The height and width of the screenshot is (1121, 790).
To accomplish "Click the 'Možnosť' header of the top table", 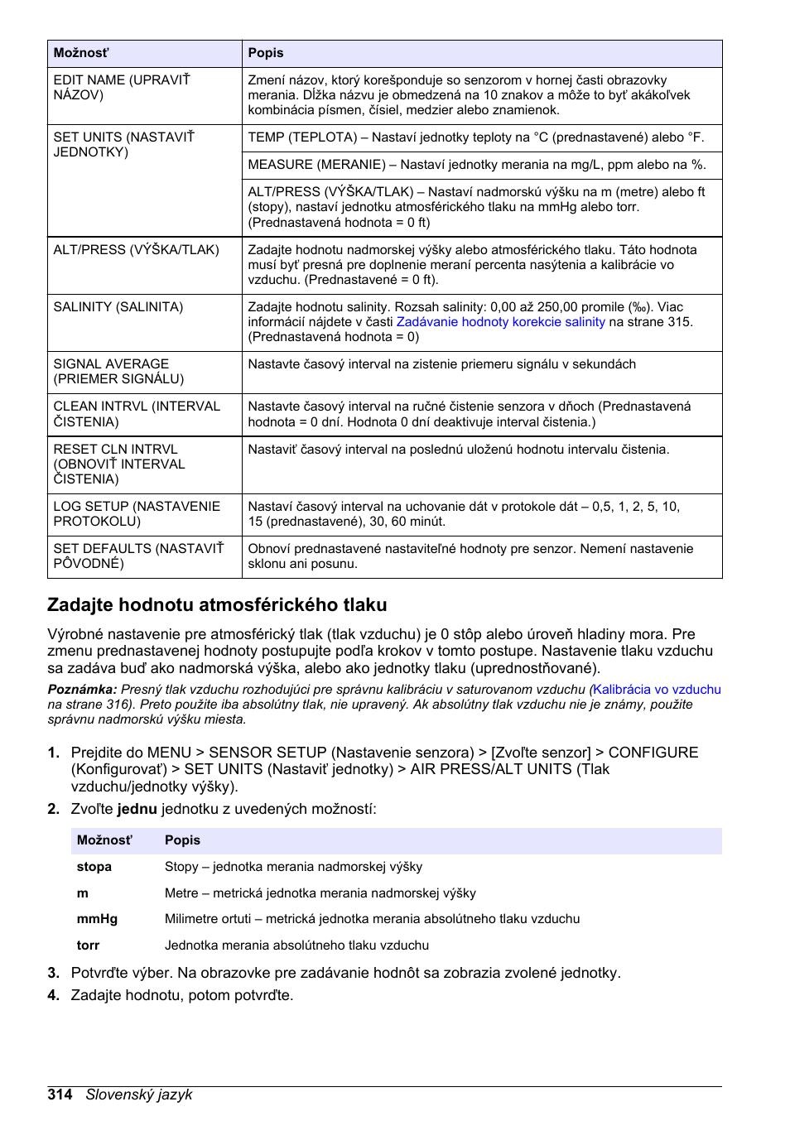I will (x=81, y=53).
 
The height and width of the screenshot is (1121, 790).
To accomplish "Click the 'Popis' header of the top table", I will (x=266, y=53).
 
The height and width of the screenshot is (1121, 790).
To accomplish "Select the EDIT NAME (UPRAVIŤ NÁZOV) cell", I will (x=122, y=88).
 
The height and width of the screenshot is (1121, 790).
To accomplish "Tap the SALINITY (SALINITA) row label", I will (x=118, y=307).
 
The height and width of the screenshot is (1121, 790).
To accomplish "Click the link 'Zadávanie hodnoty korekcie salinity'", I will (x=500, y=322).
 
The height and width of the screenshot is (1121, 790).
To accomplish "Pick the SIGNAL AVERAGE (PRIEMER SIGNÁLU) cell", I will (x=118, y=372).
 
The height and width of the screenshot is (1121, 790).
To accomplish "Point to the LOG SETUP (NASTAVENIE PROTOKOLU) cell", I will (x=137, y=514).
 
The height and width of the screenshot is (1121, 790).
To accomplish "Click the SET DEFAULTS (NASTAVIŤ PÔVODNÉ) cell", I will (x=138, y=556).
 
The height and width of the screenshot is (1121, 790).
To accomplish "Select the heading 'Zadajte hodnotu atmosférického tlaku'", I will (x=217, y=605).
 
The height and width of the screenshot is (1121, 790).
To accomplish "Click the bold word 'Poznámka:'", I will (x=82, y=690).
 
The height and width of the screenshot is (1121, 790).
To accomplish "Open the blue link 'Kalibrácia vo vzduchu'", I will (x=657, y=690).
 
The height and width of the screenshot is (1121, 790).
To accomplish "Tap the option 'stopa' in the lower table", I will (x=94, y=867).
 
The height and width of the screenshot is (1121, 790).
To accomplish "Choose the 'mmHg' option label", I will (x=97, y=919).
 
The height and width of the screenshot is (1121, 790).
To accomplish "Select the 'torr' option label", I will (x=88, y=945).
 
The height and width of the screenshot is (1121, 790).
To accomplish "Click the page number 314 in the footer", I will (x=60, y=1095).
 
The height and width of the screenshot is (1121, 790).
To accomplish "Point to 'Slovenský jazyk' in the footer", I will (x=139, y=1095).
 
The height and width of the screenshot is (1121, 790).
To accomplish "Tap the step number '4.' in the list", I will (x=54, y=995).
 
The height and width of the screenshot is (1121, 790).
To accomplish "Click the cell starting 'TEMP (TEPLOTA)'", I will (x=475, y=137).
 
